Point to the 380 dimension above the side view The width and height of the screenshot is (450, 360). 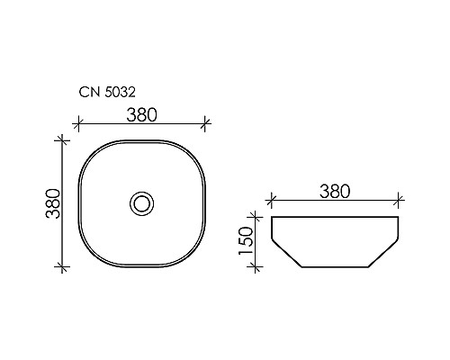point(333,191)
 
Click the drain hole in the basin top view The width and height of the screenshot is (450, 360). point(142,202)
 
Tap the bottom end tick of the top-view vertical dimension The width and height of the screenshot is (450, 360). point(62,266)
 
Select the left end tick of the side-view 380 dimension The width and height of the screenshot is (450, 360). point(270,201)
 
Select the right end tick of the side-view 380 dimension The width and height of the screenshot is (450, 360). point(397,201)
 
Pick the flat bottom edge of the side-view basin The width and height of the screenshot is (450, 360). point(333,267)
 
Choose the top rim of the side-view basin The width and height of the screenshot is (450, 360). point(333,217)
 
